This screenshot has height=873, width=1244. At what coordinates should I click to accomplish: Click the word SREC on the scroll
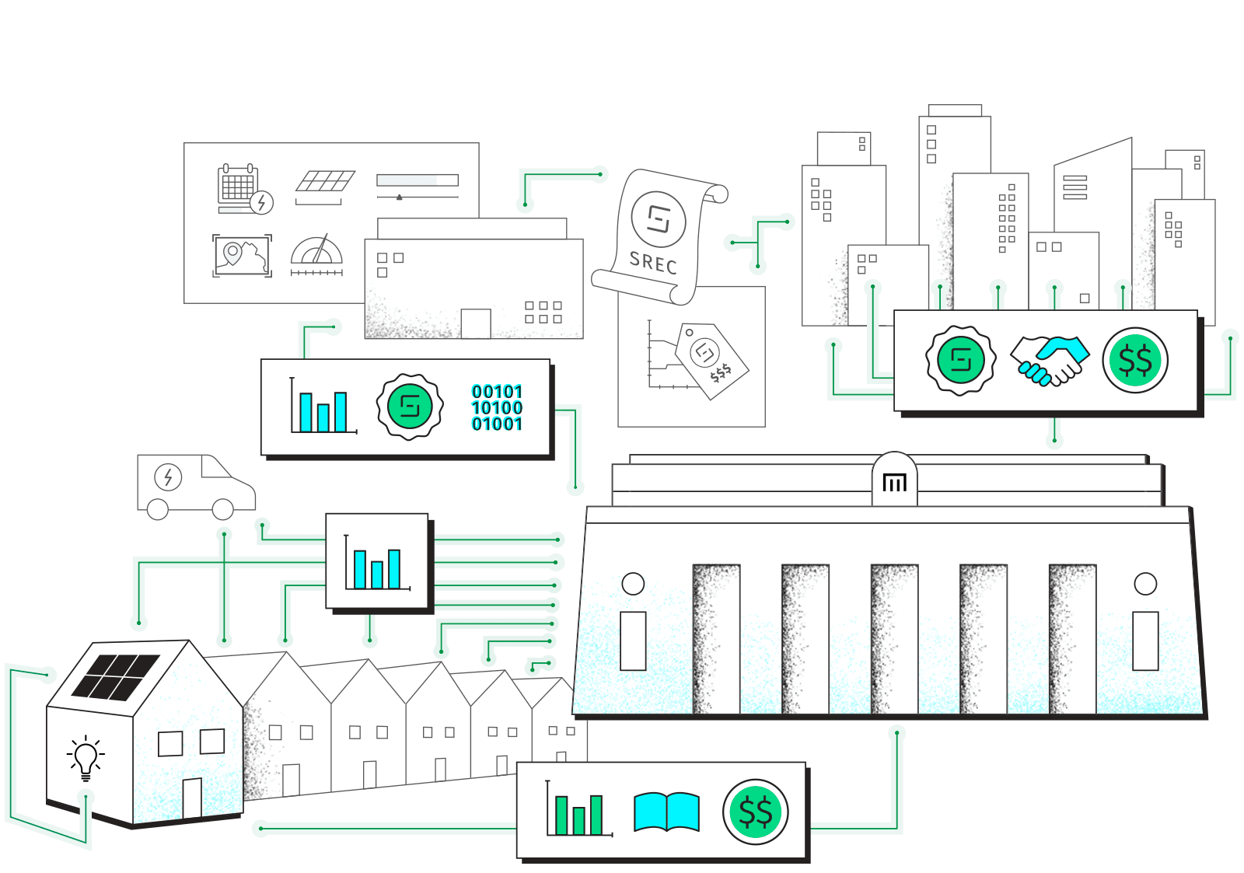(653, 262)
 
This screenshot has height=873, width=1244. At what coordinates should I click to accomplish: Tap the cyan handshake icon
(1050, 361)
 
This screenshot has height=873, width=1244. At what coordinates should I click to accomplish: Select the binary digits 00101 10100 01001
(497, 407)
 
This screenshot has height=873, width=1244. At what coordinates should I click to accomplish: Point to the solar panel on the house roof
(116, 677)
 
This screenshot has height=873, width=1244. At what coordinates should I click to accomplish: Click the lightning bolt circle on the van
(168, 477)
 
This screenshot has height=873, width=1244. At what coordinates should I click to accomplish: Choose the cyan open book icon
(666, 812)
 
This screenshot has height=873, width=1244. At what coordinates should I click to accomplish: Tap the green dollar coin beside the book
(755, 812)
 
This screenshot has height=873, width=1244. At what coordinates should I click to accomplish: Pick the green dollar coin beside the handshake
(1135, 361)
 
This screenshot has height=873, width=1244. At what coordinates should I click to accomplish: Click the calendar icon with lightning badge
(244, 189)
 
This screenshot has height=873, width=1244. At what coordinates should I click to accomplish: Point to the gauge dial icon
(316, 255)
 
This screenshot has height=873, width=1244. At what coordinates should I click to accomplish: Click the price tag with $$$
(712, 361)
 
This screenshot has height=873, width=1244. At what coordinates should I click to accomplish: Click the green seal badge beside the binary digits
(410, 407)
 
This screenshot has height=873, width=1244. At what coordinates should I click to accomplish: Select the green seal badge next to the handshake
(961, 361)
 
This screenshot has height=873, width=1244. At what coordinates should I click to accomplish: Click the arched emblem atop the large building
(894, 479)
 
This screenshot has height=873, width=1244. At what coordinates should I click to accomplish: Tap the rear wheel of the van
(158, 509)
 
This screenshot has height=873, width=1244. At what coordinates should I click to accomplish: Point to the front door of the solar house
(191, 798)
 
